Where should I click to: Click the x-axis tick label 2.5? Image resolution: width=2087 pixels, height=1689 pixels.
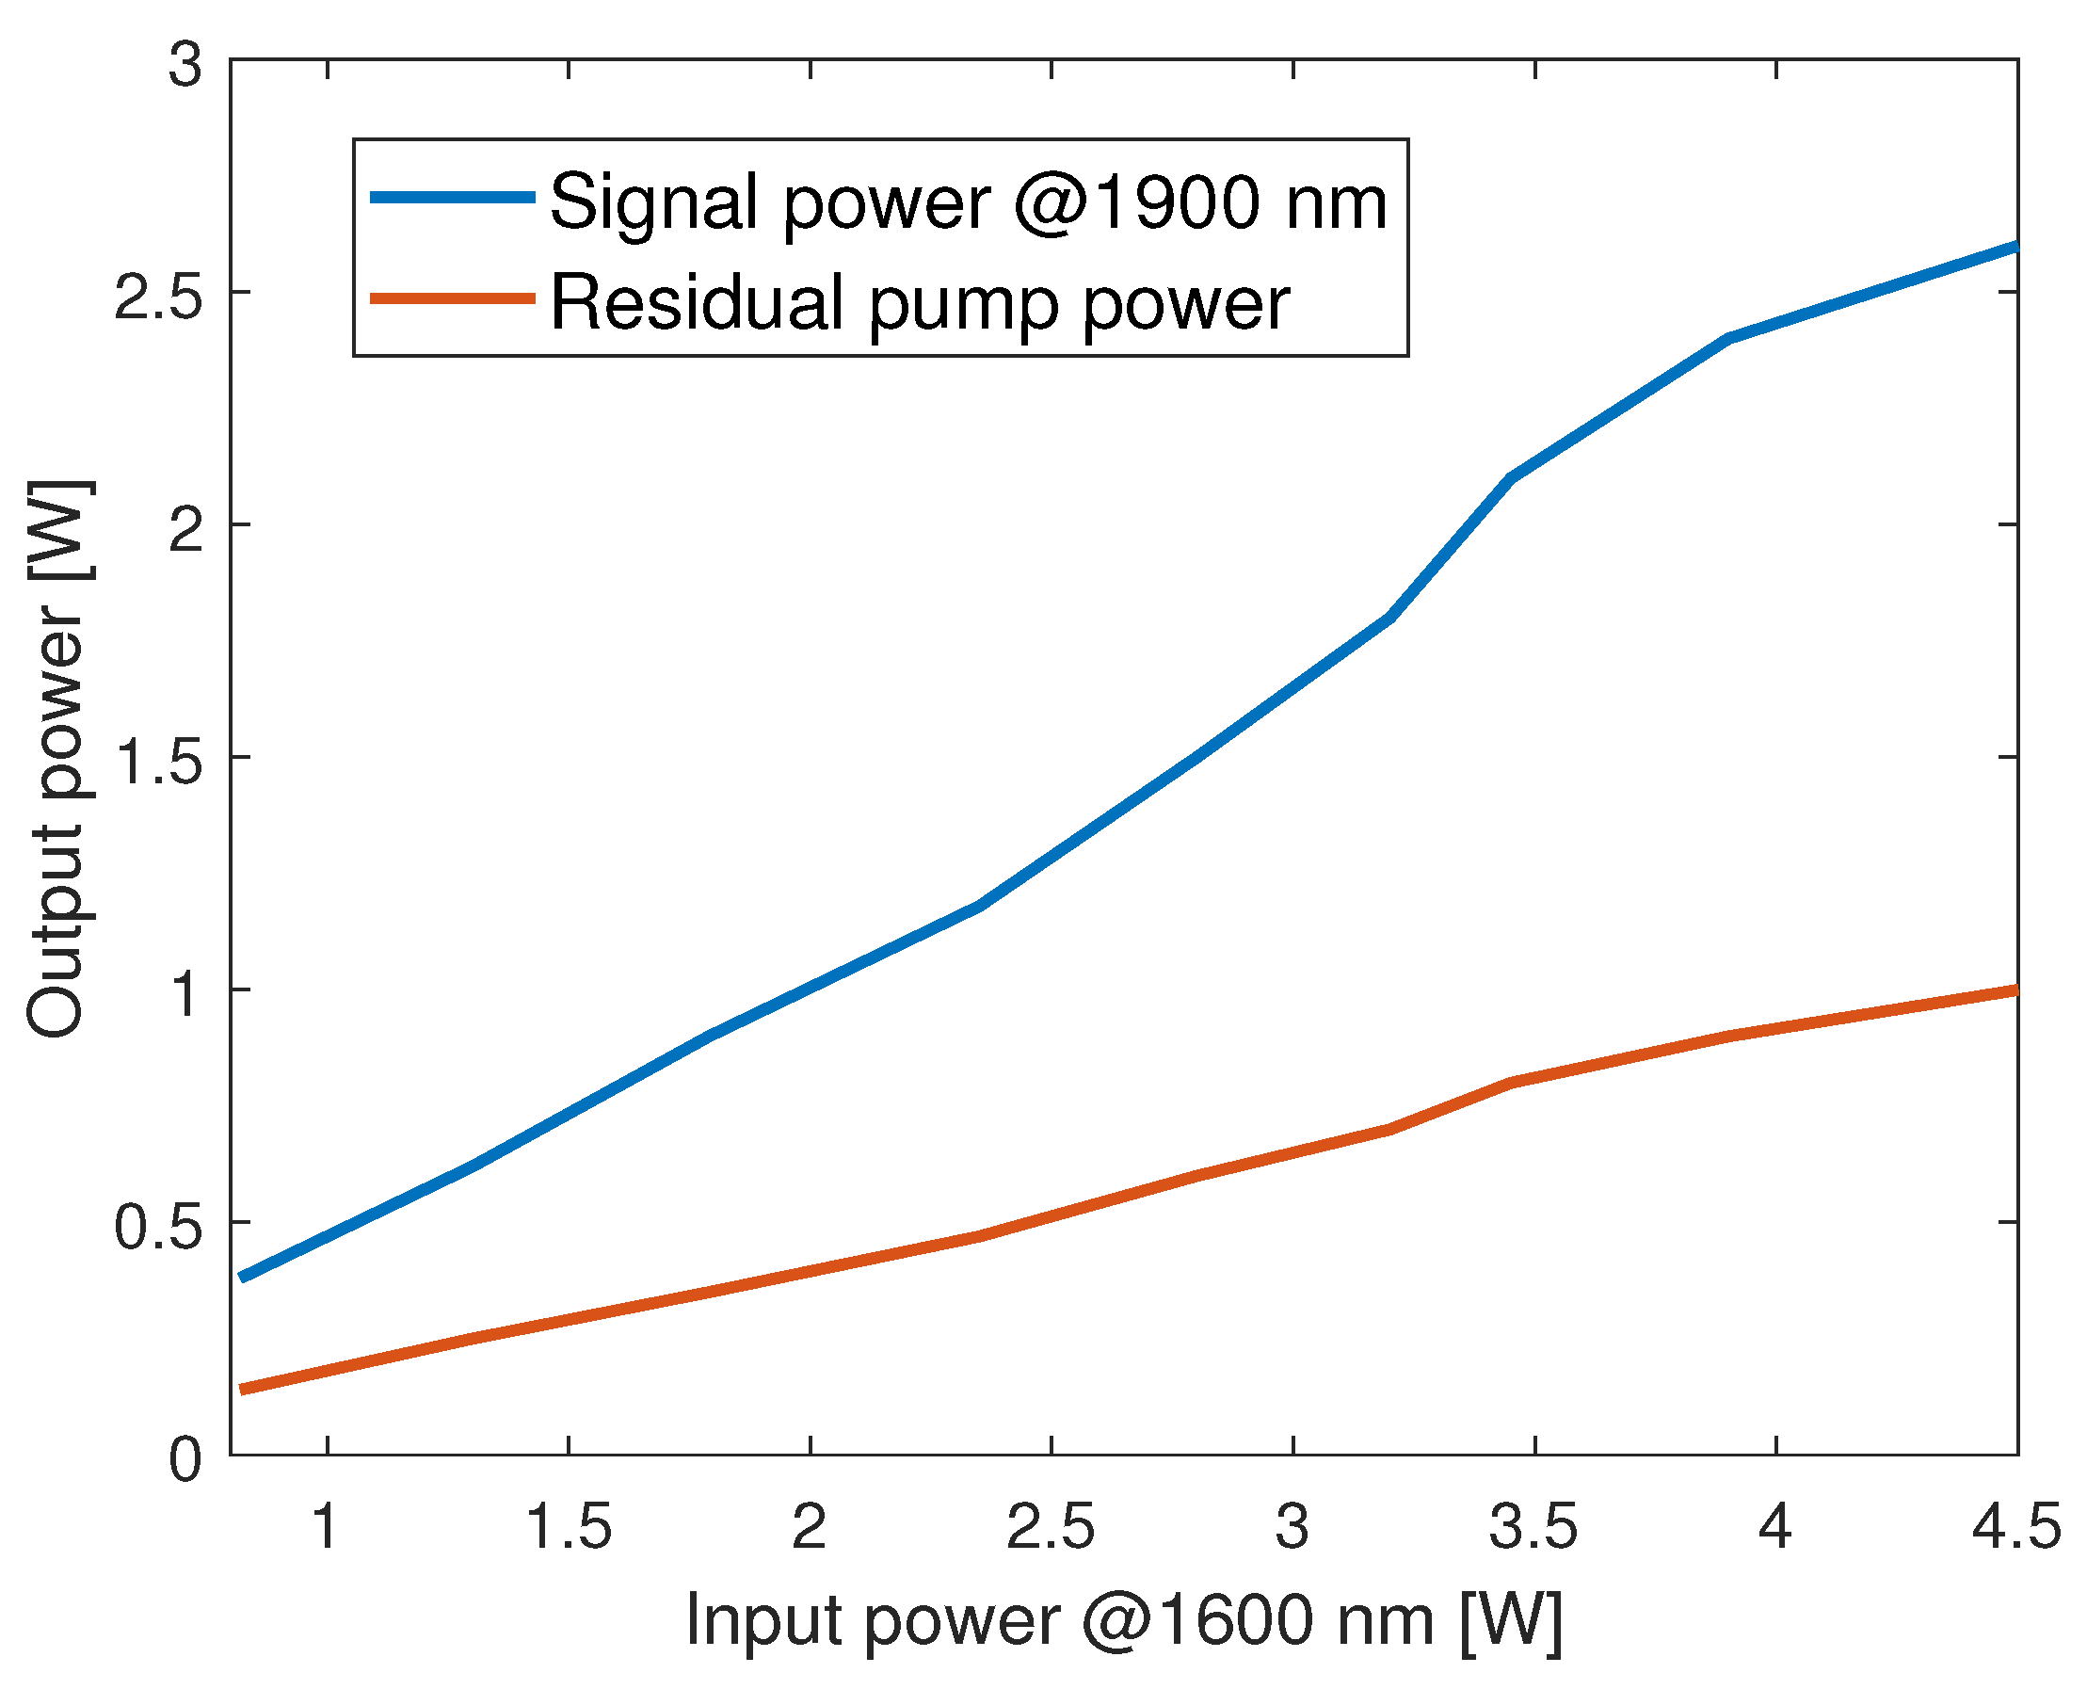click(x=1050, y=1526)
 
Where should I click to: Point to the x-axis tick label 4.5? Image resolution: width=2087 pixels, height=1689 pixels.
click(x=2015, y=1526)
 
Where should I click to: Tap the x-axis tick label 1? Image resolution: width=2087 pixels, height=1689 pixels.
click(x=326, y=1526)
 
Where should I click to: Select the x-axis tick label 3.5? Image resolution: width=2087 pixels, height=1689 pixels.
click(x=1533, y=1526)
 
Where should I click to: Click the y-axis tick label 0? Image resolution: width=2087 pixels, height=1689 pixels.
click(x=185, y=1459)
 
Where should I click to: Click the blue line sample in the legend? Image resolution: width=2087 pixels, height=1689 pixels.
click(x=453, y=198)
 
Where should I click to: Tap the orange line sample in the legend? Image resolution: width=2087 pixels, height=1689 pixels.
click(x=453, y=298)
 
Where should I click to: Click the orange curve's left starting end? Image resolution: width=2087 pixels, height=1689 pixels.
click(x=242, y=1390)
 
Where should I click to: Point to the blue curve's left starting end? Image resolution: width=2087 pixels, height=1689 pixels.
click(x=242, y=1277)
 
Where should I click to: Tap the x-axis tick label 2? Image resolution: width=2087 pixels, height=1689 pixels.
click(x=809, y=1526)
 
